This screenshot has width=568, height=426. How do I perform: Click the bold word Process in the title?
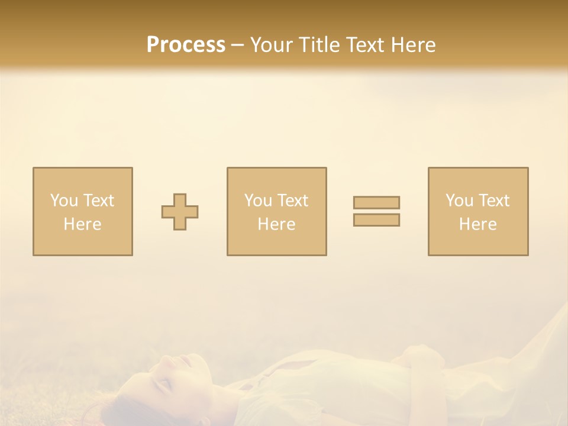186,45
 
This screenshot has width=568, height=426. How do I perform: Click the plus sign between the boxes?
180,212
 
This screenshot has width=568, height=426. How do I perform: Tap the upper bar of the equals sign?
376,203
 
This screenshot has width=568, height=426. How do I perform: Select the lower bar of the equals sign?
376,220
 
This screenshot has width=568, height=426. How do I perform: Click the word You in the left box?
64,201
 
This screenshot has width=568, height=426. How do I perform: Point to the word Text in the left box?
98,201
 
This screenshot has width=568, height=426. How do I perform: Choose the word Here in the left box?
82,224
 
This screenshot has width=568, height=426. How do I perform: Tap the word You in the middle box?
258,201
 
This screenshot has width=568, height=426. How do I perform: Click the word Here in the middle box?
276,224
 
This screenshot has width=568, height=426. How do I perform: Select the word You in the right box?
459,201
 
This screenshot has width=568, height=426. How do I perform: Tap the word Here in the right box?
477,224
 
